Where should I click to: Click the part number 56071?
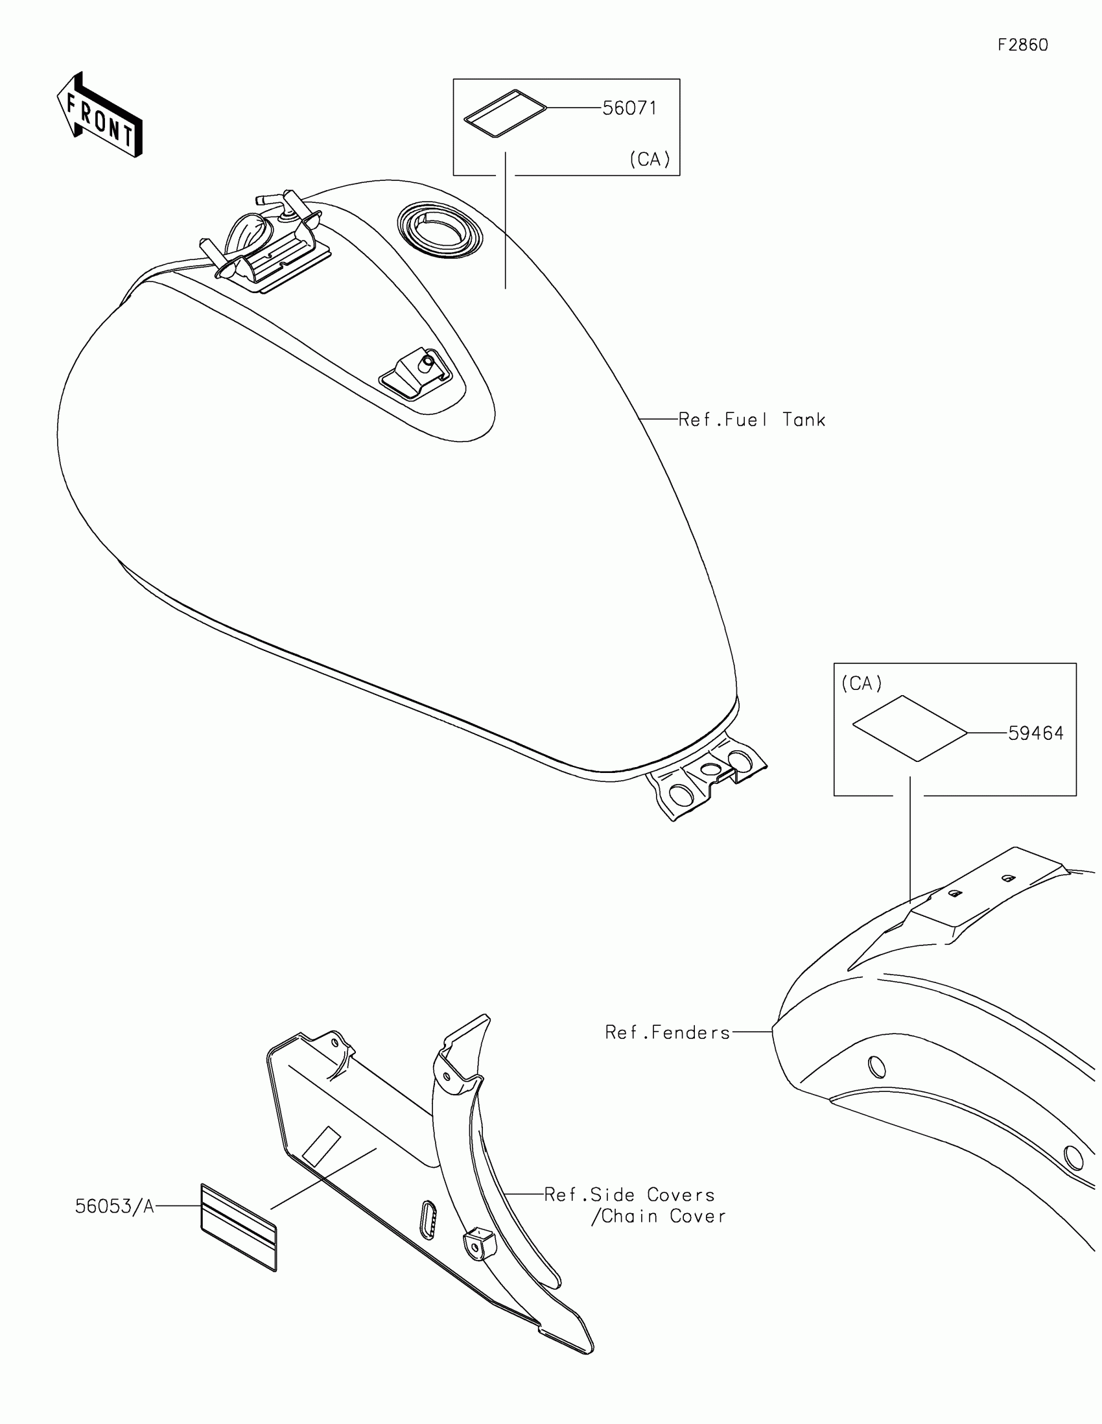point(629,108)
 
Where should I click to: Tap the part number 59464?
point(1035,733)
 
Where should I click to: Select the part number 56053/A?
point(115,1207)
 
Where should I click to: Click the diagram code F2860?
point(1022,45)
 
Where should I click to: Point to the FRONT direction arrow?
point(100,115)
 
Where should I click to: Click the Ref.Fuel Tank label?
point(751,420)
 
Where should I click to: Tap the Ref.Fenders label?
point(667,1033)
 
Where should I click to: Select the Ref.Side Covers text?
point(629,1195)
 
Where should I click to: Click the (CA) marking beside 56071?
point(650,160)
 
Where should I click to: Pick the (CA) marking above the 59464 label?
point(862,683)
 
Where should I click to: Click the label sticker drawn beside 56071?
point(504,113)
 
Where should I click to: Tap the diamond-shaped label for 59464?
point(909,728)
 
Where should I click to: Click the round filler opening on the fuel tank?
point(440,229)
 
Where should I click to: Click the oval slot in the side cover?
point(427,1218)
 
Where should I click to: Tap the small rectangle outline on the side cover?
point(322,1146)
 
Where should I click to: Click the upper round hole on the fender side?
point(877,1067)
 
